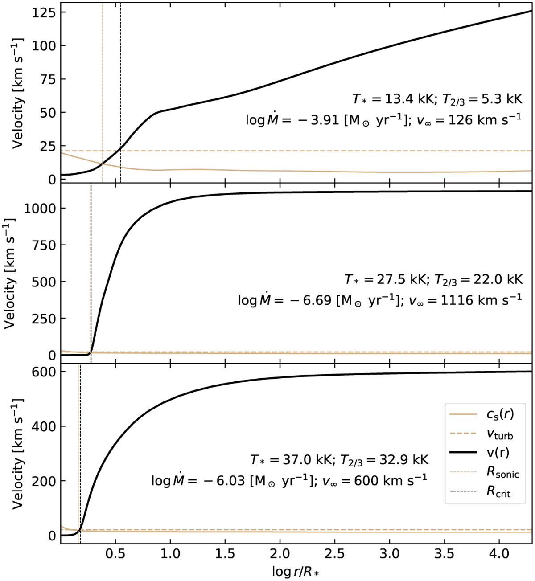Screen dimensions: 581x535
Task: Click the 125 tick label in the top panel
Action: pos(44,12)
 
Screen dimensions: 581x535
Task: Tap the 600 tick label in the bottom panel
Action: pos(44,372)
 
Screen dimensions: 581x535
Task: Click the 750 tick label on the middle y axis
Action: pos(44,245)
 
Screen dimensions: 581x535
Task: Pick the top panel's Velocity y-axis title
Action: pos(18,94)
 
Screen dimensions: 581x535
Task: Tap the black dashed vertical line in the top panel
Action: pos(121,67)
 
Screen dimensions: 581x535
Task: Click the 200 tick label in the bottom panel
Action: pos(44,481)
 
